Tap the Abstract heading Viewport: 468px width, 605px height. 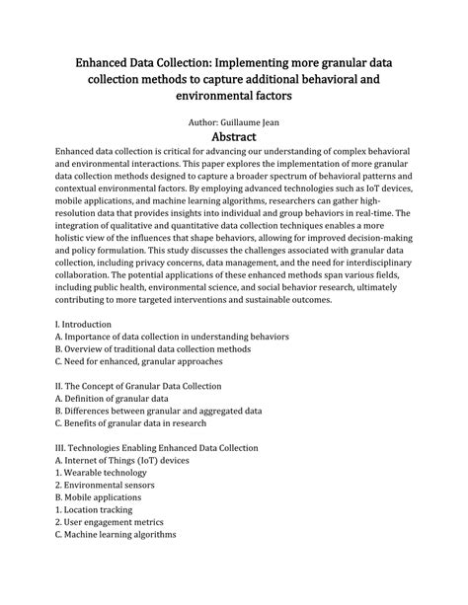coord(234,135)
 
